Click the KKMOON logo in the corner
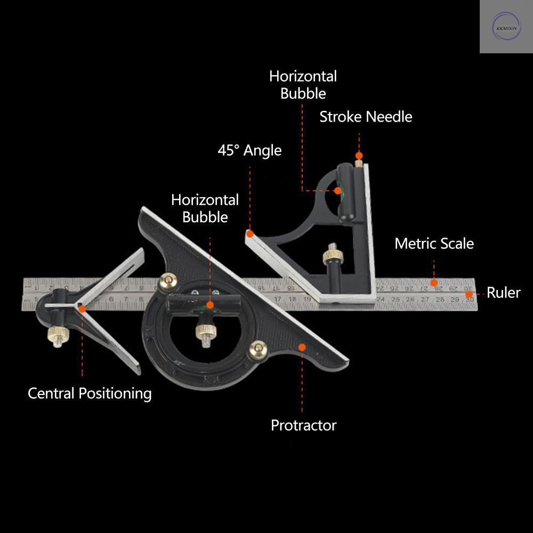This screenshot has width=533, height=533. [506, 26]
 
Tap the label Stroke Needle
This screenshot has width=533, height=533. [366, 117]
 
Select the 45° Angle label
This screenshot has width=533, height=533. [249, 150]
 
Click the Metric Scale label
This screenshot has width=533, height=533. [434, 244]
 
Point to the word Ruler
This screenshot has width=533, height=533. [503, 293]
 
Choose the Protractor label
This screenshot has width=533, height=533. [303, 425]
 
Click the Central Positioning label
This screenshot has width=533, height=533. [90, 393]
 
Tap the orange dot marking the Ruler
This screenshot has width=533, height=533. [469, 294]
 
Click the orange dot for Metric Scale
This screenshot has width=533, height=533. [434, 282]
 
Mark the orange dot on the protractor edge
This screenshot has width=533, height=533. [302, 347]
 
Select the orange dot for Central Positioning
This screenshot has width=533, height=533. [82, 308]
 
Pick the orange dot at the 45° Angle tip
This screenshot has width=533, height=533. [249, 233]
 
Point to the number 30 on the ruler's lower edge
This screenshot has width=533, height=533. [469, 300]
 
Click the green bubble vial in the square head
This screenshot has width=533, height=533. [338, 190]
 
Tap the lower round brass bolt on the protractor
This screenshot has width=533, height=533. [258, 350]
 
